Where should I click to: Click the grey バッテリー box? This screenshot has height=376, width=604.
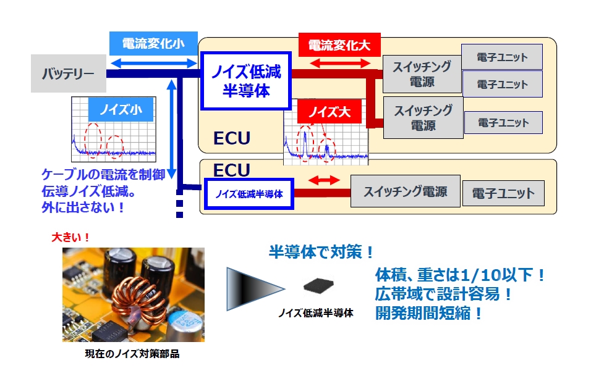tap(69, 75)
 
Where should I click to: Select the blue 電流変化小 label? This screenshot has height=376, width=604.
tap(152, 44)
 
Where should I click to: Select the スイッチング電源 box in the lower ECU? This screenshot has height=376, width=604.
tap(405, 191)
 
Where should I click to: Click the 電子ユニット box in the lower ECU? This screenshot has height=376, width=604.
tap(503, 193)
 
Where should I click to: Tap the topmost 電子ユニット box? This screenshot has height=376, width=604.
tap(502, 57)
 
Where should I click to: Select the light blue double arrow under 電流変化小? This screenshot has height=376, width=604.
tap(152, 62)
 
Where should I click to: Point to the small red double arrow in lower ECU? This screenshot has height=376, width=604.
tap(323, 180)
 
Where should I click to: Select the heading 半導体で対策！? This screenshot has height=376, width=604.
tap(321, 252)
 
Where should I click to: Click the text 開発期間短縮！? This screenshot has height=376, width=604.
tap(428, 313)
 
